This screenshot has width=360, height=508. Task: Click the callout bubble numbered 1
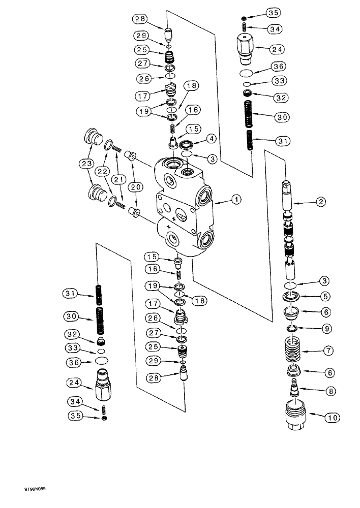[x=235, y=200]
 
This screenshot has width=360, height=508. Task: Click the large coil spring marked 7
[x=291, y=351]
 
